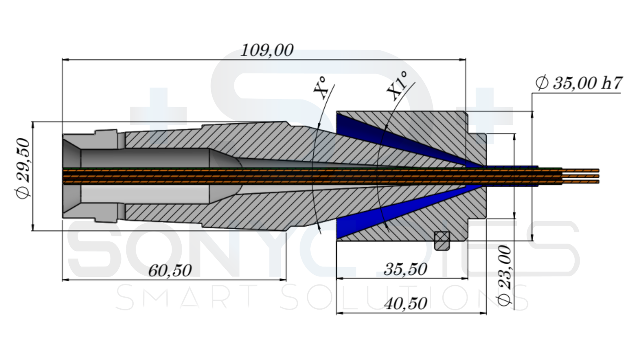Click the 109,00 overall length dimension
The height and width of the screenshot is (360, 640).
[x=267, y=50]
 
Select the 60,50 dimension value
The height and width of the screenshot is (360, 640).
[x=170, y=271]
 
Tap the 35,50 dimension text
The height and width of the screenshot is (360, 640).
[x=405, y=270]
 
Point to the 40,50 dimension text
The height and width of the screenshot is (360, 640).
[x=405, y=304]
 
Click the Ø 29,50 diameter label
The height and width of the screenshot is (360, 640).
[x=23, y=168]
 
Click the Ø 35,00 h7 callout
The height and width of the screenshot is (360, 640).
[x=579, y=83]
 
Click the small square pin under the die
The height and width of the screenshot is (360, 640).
[x=442, y=240]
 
